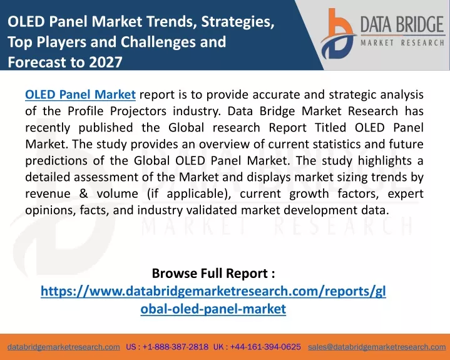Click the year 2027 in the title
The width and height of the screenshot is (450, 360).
106,62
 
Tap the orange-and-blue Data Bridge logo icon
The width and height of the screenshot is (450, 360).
338,34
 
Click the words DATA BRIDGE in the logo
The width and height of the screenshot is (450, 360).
402,24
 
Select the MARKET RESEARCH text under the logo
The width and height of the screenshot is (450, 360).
402,43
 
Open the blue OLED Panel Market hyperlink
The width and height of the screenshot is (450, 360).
80,95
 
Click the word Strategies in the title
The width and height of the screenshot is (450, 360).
237,22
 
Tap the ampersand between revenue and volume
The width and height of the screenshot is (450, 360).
83,193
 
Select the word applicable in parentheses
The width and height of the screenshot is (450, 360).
197,193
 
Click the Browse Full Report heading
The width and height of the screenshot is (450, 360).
213,273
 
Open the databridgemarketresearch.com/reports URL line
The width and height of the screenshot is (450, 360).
213,291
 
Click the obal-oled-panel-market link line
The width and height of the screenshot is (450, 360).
213,309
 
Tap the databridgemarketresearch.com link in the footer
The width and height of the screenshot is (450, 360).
64,347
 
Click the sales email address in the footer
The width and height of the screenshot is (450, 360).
377,347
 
